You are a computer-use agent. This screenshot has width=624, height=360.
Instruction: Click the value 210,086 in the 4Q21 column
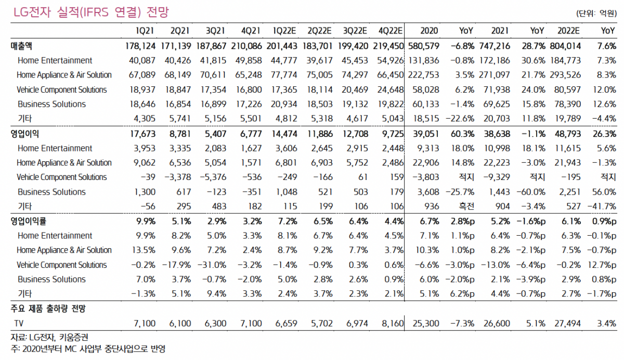coord(248,46)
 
